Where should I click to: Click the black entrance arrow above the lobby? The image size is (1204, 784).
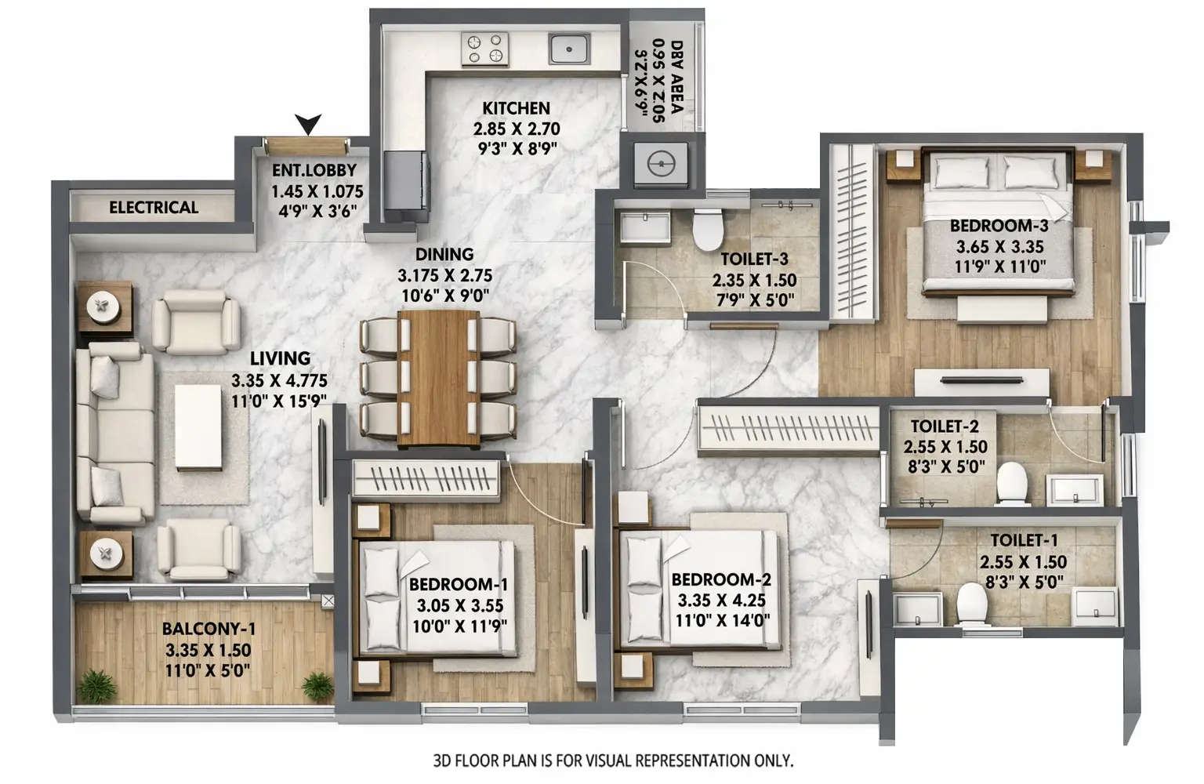[x=309, y=123]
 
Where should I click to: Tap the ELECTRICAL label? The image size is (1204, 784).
[x=154, y=208]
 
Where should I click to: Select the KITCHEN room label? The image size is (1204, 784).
[x=516, y=108]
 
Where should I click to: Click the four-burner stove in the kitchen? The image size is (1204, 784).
[x=484, y=49]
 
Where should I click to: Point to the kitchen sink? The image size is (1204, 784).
[x=569, y=49]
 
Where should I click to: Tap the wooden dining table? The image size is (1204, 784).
[x=438, y=379]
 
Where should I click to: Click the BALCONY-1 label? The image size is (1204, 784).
[x=209, y=629]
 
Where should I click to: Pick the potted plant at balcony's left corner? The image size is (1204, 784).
[x=98, y=686]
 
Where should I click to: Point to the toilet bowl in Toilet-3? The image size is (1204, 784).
[x=707, y=227]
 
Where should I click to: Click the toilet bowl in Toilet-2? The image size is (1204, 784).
[x=1012, y=481]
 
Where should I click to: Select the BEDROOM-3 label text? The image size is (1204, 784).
[x=999, y=226]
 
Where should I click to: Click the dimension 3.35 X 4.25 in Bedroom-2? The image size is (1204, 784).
[x=721, y=601]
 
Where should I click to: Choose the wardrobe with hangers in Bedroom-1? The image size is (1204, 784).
[x=426, y=477]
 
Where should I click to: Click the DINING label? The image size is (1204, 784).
[x=444, y=254]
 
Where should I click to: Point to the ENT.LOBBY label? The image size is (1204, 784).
[x=314, y=170]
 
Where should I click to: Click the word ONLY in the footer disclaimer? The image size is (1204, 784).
[x=774, y=760]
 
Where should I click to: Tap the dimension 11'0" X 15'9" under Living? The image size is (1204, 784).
[x=279, y=401]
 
